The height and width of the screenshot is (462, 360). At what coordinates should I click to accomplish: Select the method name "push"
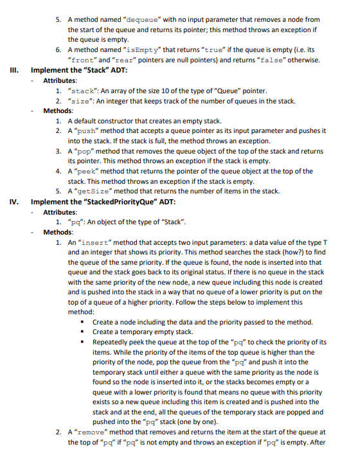[91, 131]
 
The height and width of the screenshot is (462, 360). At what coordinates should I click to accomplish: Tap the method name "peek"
[91, 171]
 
